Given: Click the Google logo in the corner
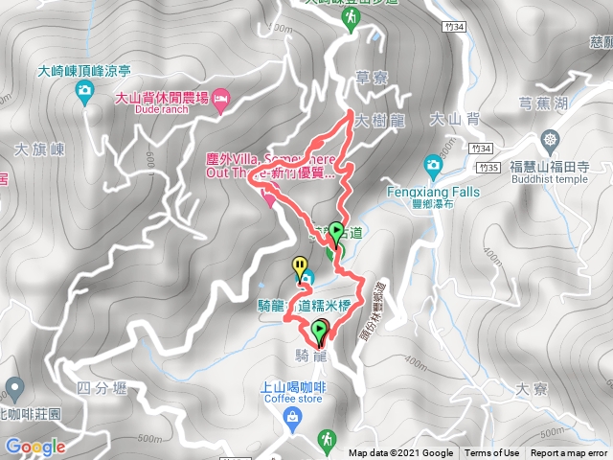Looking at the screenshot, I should (35, 446).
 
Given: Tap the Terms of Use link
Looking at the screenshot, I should (492, 453).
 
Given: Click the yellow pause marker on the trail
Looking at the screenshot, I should (301, 264).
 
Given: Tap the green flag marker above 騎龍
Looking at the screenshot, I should (318, 332).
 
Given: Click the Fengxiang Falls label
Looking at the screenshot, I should (433, 192).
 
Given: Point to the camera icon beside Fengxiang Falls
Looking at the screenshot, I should (433, 166).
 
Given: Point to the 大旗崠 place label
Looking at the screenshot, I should (38, 149).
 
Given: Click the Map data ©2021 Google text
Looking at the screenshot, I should (400, 453).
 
